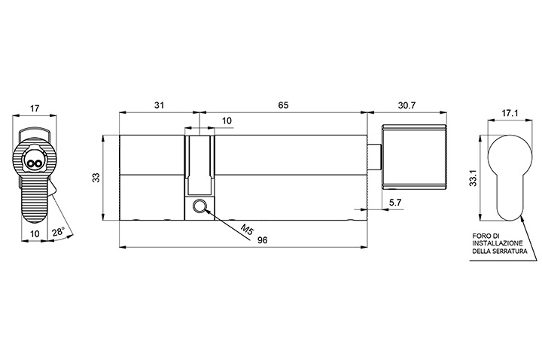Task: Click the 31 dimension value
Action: pos(159,105)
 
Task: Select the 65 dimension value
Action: pos(283,105)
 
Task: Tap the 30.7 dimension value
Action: pos(406,105)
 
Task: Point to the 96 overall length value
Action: pos(263,240)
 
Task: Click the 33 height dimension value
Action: pos(96,178)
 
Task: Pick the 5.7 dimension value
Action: pos(395,203)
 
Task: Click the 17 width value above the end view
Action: pos(35,108)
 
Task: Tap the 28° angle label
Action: pos(59,232)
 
